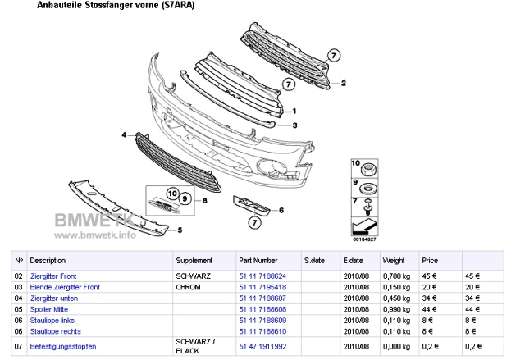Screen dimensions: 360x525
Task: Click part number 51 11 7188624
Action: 262,276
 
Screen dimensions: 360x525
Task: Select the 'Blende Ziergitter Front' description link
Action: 65,287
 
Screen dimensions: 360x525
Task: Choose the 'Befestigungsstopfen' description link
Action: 62,346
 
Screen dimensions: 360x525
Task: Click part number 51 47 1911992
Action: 262,346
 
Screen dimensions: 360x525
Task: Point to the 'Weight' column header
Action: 394,260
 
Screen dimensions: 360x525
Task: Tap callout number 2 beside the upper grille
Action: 344,83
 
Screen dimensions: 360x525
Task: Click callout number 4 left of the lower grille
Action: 125,134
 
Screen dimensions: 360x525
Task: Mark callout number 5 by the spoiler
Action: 157,230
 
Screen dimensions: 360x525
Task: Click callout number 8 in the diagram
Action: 204,200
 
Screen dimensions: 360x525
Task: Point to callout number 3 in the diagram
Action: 294,125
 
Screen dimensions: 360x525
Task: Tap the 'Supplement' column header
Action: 194,260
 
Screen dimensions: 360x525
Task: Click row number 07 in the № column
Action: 19,346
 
